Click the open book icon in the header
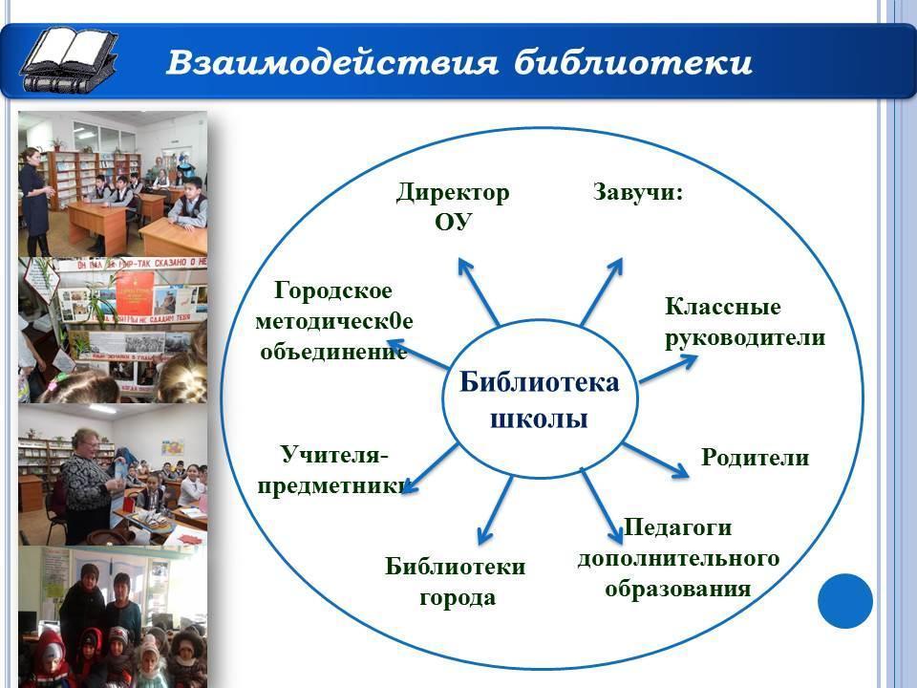tap(69, 60)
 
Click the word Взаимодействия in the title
tap(332, 63)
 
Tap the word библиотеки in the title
tap(632, 62)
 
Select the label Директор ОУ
tap(453, 207)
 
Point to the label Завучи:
tap(638, 192)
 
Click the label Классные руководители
tap(745, 322)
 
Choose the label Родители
tap(755, 457)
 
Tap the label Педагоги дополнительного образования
tap(678, 558)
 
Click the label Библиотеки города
tap(455, 582)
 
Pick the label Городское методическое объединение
tap(334, 321)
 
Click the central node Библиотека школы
tap(539, 400)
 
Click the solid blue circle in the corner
tap(845, 601)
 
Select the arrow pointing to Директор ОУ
tap(479, 291)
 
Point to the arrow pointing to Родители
tap(655, 461)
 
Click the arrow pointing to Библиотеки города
tap(496, 510)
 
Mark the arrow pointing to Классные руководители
tap(668, 369)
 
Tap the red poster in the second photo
tap(135, 293)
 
